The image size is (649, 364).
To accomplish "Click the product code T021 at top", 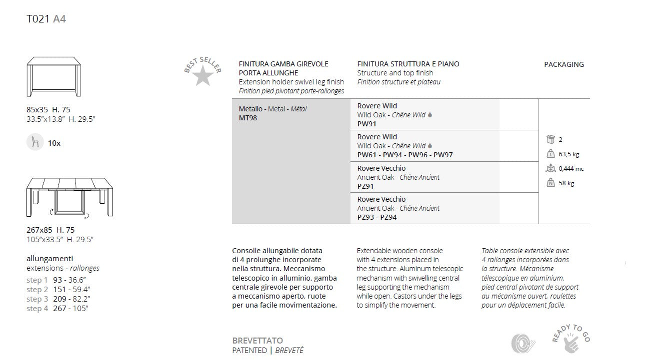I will click(37, 19).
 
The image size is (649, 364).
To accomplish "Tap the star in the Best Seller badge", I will click(202, 76).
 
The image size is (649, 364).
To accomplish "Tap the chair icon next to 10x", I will click(35, 142).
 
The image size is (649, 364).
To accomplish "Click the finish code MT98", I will click(247, 118).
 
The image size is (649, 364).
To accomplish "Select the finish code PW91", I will click(366, 124).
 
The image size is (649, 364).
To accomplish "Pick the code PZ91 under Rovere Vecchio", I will click(365, 186).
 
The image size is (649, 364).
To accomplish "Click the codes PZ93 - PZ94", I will click(377, 217).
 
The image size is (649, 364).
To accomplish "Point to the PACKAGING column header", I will click(563, 64).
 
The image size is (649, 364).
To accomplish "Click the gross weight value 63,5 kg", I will click(569, 154).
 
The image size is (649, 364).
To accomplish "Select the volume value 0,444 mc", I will click(571, 169).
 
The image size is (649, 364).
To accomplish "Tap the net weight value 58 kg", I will click(566, 183).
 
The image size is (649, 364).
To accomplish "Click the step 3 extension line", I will click(58, 299).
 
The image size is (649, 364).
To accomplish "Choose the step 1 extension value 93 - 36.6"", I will click(70, 280).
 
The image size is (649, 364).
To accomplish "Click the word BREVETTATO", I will click(257, 341).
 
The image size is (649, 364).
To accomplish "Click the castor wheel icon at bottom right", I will click(523, 344).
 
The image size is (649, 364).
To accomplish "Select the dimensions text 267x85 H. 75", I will click(50, 230).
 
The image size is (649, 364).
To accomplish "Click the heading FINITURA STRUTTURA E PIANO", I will click(408, 64).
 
